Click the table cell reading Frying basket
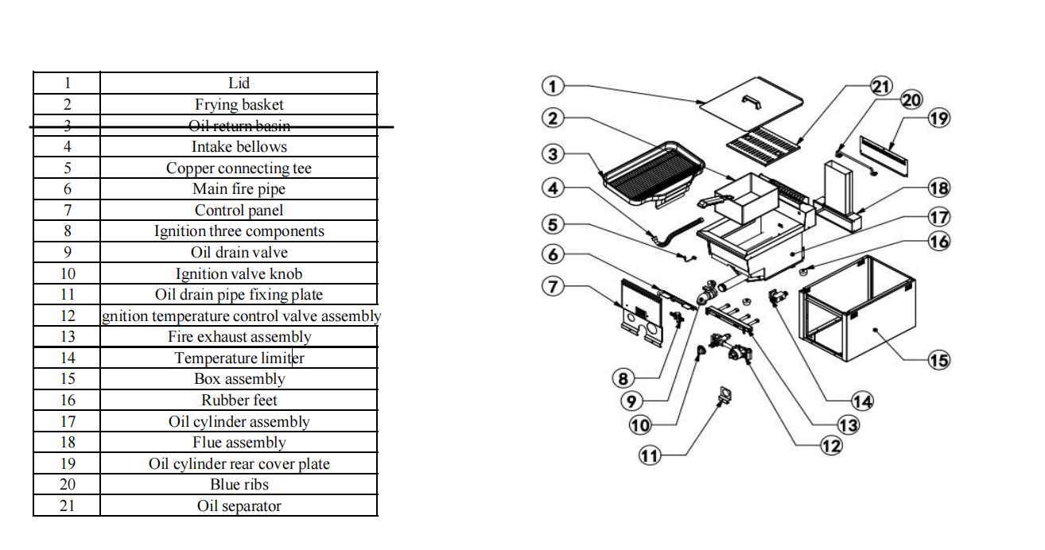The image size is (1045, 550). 239,104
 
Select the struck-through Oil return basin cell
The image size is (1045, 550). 239,126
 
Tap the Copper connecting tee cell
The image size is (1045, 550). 239,168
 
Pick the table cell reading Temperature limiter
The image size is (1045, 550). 239,358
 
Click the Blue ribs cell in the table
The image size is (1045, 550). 239,484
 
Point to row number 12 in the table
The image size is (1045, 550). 67,316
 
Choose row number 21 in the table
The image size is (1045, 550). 67,505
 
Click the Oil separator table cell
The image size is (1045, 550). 239,505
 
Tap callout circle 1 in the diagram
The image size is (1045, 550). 554,86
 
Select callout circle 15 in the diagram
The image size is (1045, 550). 939,360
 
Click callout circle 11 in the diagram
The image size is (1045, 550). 650,455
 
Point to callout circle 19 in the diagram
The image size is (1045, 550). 939,118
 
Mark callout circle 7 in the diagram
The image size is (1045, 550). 554,286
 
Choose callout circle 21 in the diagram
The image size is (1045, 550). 881,87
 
